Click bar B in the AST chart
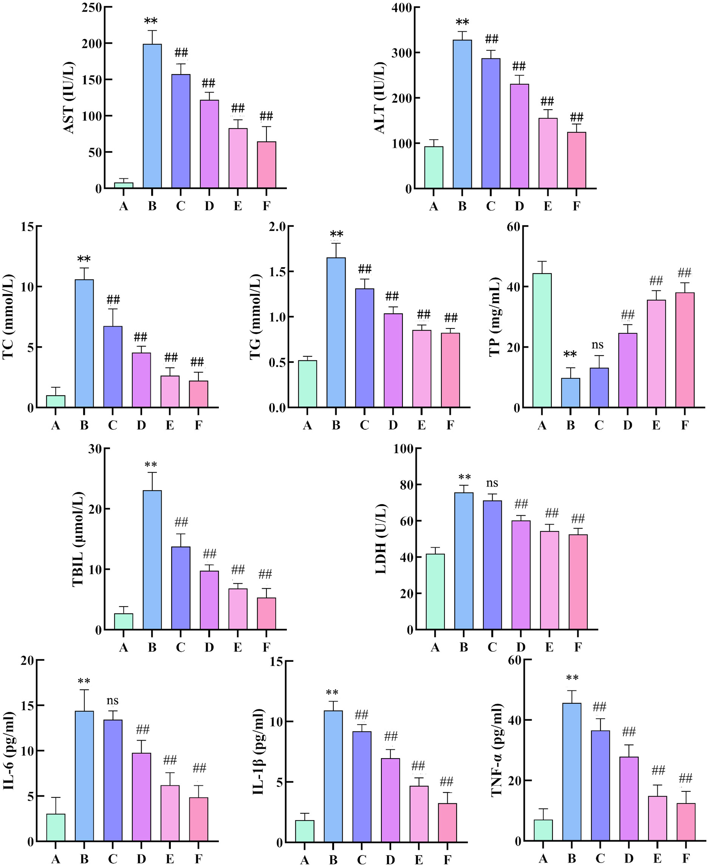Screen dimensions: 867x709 click(152, 116)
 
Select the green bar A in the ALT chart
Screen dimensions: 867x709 click(433, 167)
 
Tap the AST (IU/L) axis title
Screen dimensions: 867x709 click(69, 98)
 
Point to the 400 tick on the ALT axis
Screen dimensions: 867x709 click(401, 8)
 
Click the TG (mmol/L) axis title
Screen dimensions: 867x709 click(255, 316)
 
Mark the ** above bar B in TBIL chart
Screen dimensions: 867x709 click(151, 465)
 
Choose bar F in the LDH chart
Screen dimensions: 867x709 click(578, 582)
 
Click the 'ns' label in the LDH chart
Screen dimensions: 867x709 click(492, 483)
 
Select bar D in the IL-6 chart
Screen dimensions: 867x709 click(141, 797)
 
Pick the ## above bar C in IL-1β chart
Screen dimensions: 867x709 click(361, 715)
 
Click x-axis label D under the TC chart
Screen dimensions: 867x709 click(141, 426)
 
